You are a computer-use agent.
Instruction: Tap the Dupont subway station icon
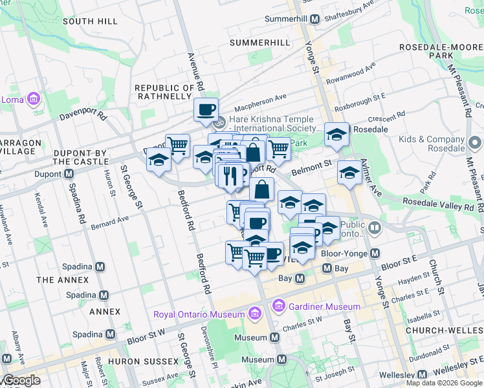(67, 174)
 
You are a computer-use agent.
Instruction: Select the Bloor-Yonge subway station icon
(375, 254)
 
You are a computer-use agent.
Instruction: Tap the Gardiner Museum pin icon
(279, 305)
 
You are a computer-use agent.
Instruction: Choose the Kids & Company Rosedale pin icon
(476, 141)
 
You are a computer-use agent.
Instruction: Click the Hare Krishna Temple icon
(220, 121)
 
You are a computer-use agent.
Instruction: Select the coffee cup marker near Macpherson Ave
(206, 109)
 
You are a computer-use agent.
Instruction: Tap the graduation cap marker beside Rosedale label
(336, 134)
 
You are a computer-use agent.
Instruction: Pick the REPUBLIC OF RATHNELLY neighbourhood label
(164, 92)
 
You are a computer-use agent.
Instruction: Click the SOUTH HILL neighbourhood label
(90, 21)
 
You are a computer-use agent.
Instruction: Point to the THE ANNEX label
(62, 280)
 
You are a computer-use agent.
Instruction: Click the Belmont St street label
(311, 169)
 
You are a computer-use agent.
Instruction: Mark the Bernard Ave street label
(109, 223)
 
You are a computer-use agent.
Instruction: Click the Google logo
(21, 380)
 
